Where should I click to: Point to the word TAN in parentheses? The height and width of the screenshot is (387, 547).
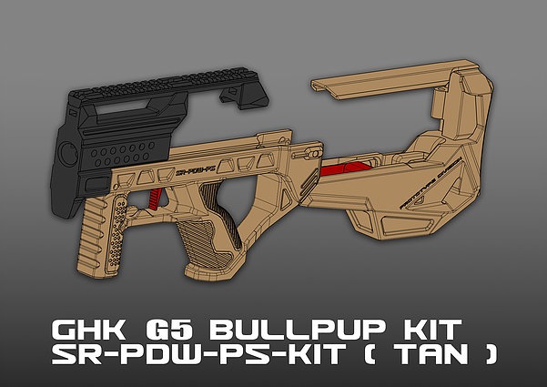click(x=431, y=355)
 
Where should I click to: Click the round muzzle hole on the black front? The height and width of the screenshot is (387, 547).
click(x=67, y=150)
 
